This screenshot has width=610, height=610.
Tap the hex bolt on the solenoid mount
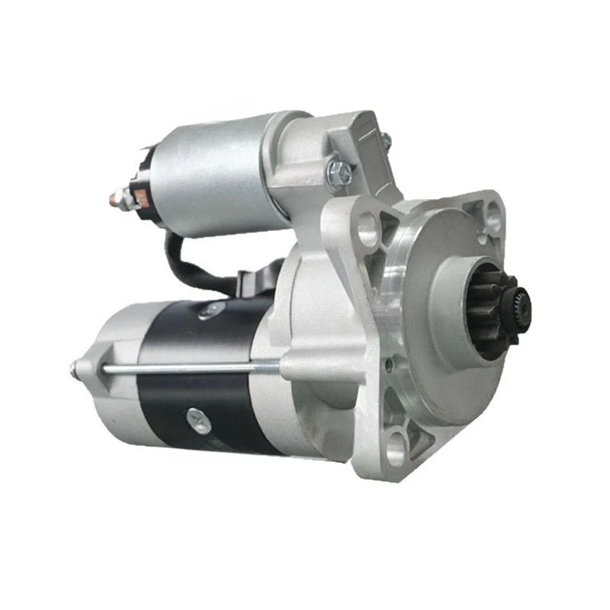tap(339, 172)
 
